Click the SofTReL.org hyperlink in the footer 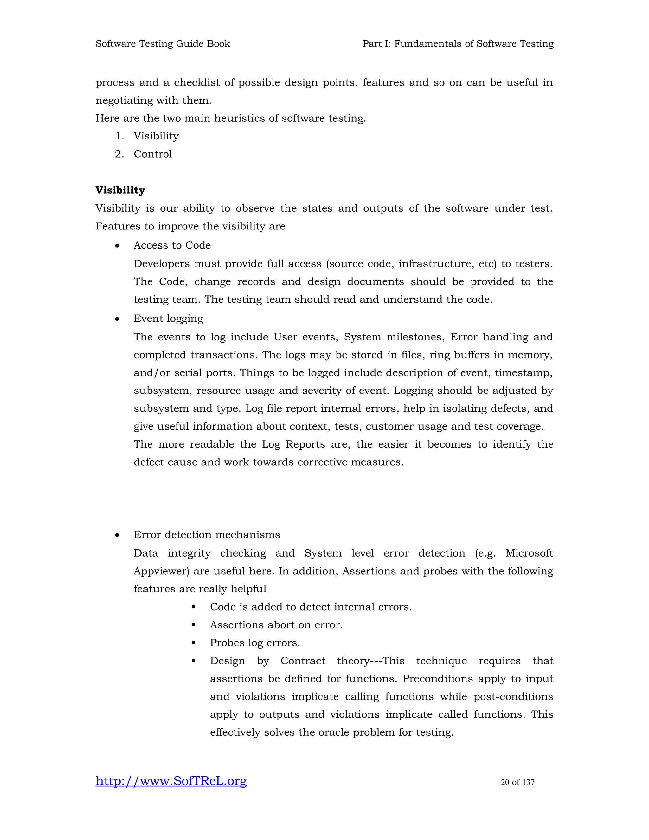coord(171,781)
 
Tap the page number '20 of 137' coord(517,782)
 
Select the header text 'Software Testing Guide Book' coord(163,44)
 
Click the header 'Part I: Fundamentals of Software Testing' coord(458,44)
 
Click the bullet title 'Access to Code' coord(172,245)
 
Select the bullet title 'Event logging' coord(168,319)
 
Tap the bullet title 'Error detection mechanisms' coord(207,535)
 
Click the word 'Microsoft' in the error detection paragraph coord(529,553)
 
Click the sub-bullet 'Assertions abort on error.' coord(276,625)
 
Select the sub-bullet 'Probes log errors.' coord(255,643)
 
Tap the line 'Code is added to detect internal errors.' coord(311,607)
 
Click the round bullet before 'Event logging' coord(117,319)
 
